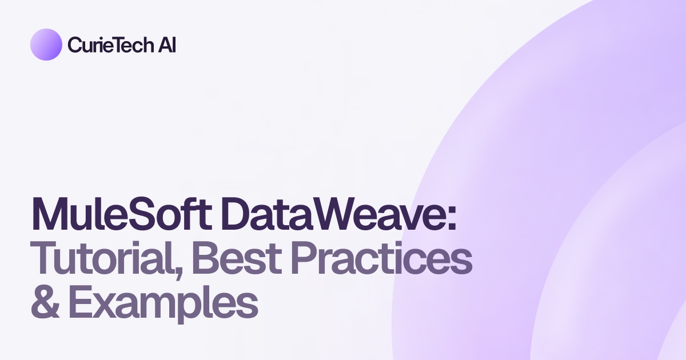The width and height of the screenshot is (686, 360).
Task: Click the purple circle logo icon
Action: point(46,45)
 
